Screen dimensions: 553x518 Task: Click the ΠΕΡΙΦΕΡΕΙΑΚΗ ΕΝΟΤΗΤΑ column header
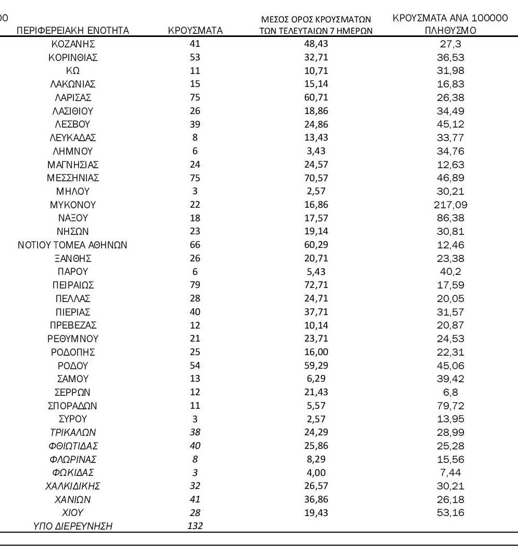[73, 31]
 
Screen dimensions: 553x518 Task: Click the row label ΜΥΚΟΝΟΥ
[73, 205]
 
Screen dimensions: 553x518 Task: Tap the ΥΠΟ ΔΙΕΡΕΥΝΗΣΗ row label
[73, 526]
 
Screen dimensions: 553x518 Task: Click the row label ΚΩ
[73, 71]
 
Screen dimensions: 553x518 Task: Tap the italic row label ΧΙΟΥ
[73, 513]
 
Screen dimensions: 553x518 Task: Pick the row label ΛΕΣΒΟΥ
[73, 125]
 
